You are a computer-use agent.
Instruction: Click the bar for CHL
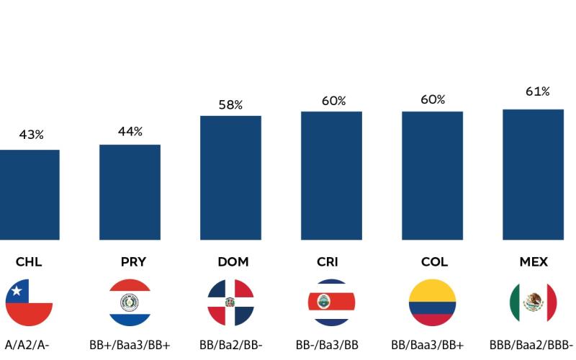click(29, 194)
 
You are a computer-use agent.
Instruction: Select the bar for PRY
click(130, 192)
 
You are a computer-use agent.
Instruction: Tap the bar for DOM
click(230, 177)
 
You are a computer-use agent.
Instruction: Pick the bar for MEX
click(533, 174)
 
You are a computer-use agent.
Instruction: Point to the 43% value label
click(31, 135)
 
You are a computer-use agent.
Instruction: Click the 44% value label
click(130, 131)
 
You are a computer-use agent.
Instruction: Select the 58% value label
click(230, 105)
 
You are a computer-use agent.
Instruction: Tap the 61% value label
click(538, 91)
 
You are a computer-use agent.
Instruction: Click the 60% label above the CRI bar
click(333, 101)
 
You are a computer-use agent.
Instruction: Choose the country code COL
click(434, 262)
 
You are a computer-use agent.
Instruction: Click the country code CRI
click(327, 262)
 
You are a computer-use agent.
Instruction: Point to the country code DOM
click(233, 262)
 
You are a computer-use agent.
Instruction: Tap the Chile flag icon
click(29, 302)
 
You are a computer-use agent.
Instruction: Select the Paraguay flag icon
click(130, 302)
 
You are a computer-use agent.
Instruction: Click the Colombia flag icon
click(432, 302)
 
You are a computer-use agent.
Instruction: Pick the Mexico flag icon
click(533, 302)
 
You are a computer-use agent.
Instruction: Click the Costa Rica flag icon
click(331, 302)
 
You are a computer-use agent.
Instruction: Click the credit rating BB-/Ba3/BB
click(327, 345)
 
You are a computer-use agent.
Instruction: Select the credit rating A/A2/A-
click(27, 345)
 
